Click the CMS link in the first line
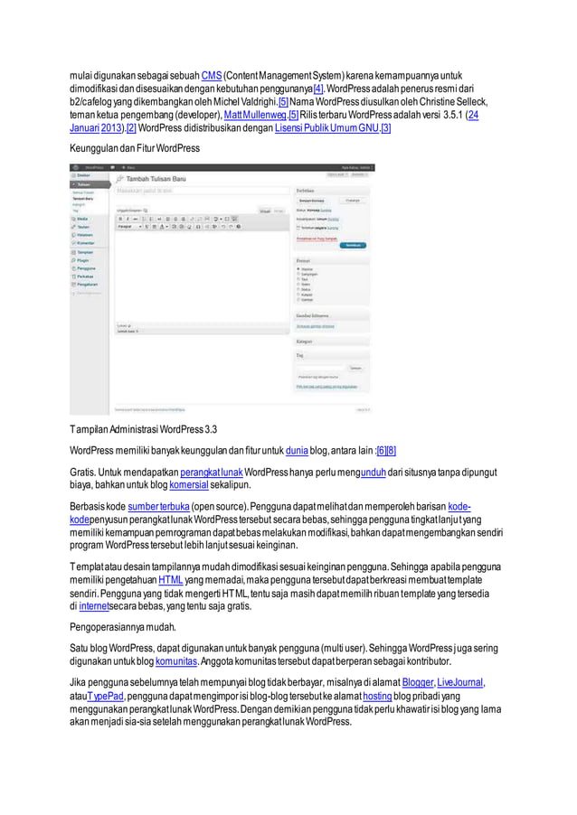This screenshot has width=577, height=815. click(212, 72)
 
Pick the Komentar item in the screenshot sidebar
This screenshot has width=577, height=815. click(88, 243)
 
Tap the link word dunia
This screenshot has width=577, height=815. click(297, 449)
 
